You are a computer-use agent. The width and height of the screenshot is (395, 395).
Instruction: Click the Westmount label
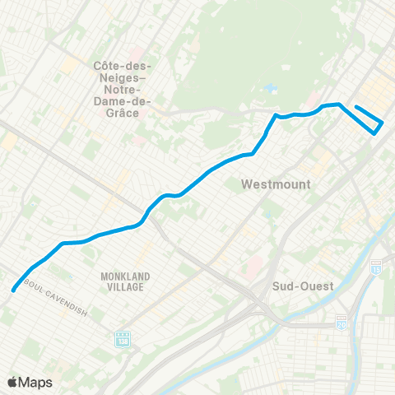tap(276, 184)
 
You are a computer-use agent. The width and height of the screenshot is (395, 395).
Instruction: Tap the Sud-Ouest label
tap(303, 286)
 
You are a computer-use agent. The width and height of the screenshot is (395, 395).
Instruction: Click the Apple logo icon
tap(12, 382)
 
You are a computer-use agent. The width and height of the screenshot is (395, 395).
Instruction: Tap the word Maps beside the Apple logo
tap(36, 382)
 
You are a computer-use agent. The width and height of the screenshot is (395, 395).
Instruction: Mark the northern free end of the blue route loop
tap(356, 106)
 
